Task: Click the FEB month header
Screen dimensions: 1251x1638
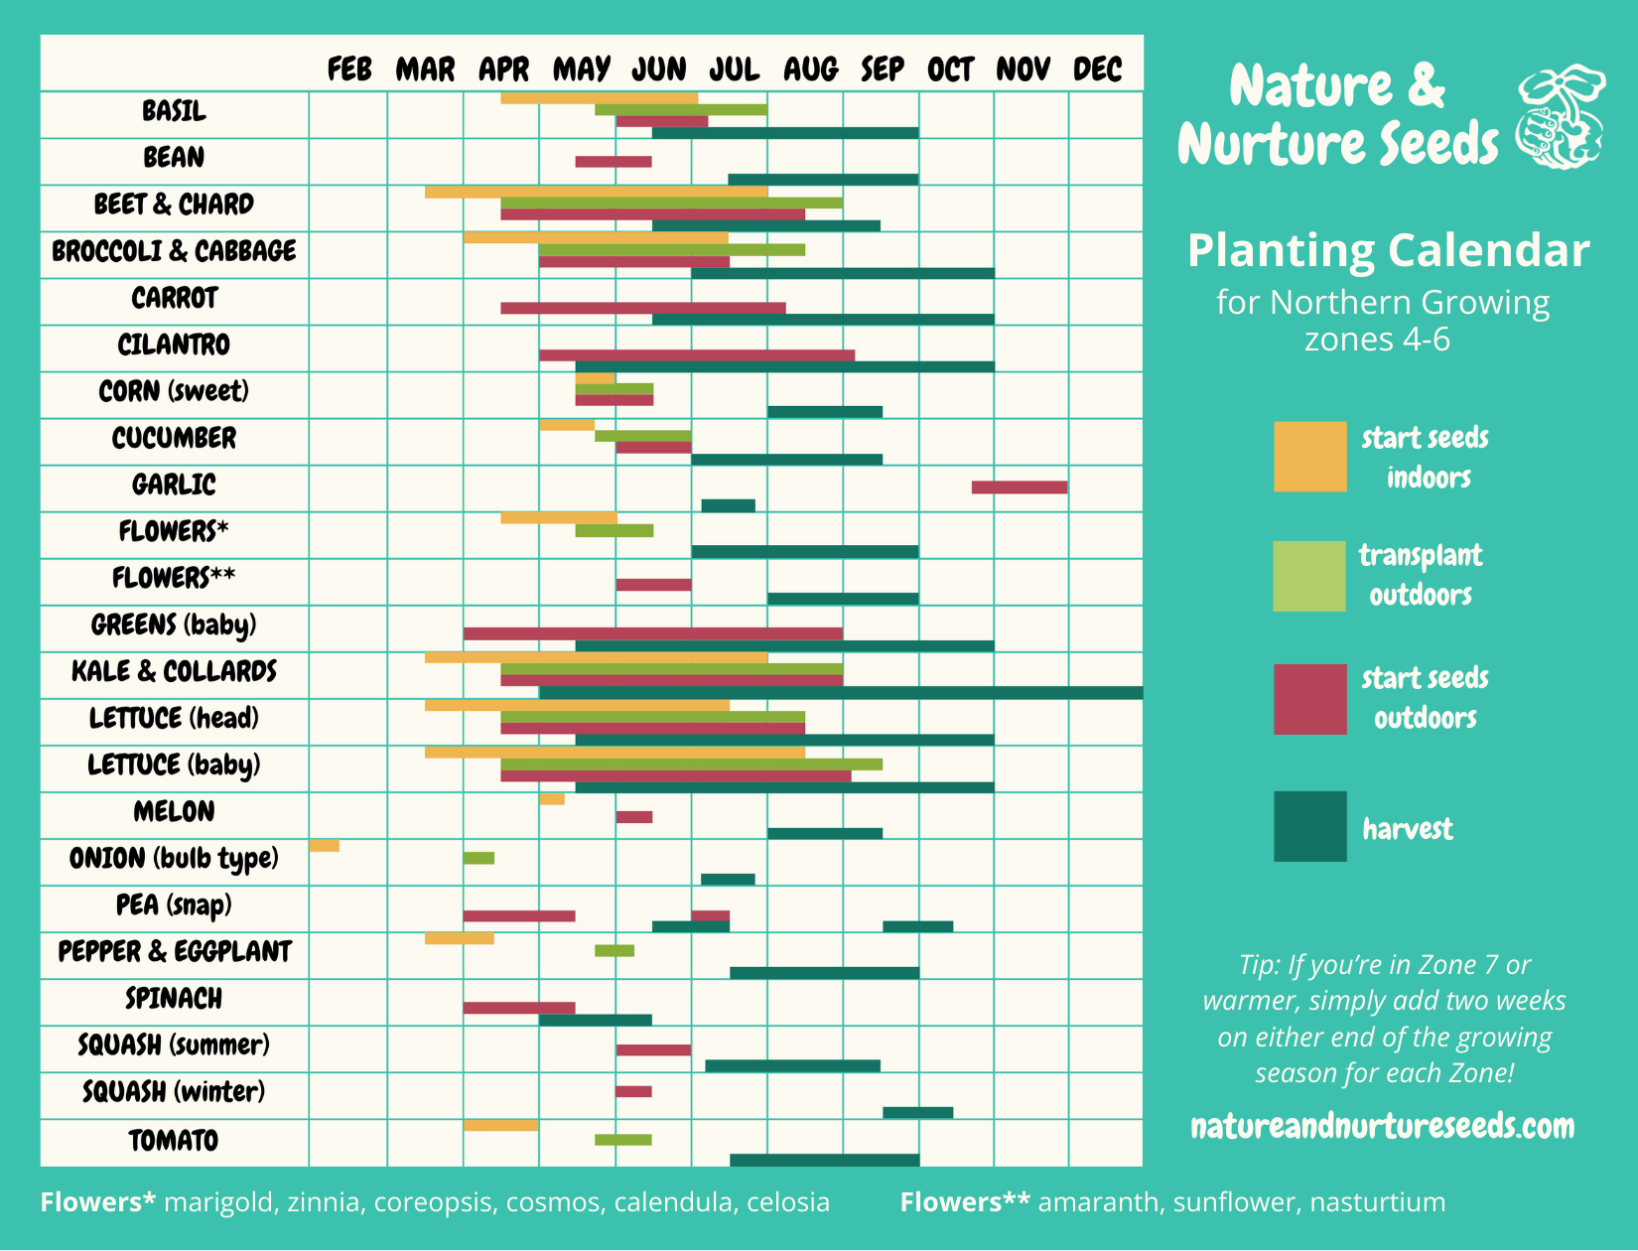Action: coord(349,69)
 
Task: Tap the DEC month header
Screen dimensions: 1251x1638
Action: coord(1097,69)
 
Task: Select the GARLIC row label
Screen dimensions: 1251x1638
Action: coord(174,485)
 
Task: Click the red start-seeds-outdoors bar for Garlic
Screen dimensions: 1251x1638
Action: coord(1020,486)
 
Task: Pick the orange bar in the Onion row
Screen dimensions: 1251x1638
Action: coord(324,846)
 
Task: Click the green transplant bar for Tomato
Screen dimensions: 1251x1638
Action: coord(623,1140)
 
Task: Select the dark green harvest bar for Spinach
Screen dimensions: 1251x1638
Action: coord(596,1020)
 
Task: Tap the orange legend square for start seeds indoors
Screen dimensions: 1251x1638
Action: coord(1310,457)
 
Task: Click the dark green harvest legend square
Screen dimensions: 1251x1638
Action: coord(1310,826)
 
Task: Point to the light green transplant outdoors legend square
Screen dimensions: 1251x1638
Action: coord(1309,576)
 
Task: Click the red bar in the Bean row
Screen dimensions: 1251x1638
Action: coord(614,162)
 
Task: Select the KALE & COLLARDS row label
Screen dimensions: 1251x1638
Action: coord(174,671)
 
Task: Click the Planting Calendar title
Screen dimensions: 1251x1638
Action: coord(1388,250)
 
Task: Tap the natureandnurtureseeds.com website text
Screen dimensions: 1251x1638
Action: coord(1382,1126)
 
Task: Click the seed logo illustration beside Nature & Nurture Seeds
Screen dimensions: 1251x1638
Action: coord(1560,117)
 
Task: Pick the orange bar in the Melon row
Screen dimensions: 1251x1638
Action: coord(552,799)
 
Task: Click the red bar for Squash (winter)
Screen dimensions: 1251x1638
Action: coord(633,1091)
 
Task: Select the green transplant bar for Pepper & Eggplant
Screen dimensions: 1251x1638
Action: coord(614,951)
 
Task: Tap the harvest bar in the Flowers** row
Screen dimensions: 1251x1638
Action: coord(843,599)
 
